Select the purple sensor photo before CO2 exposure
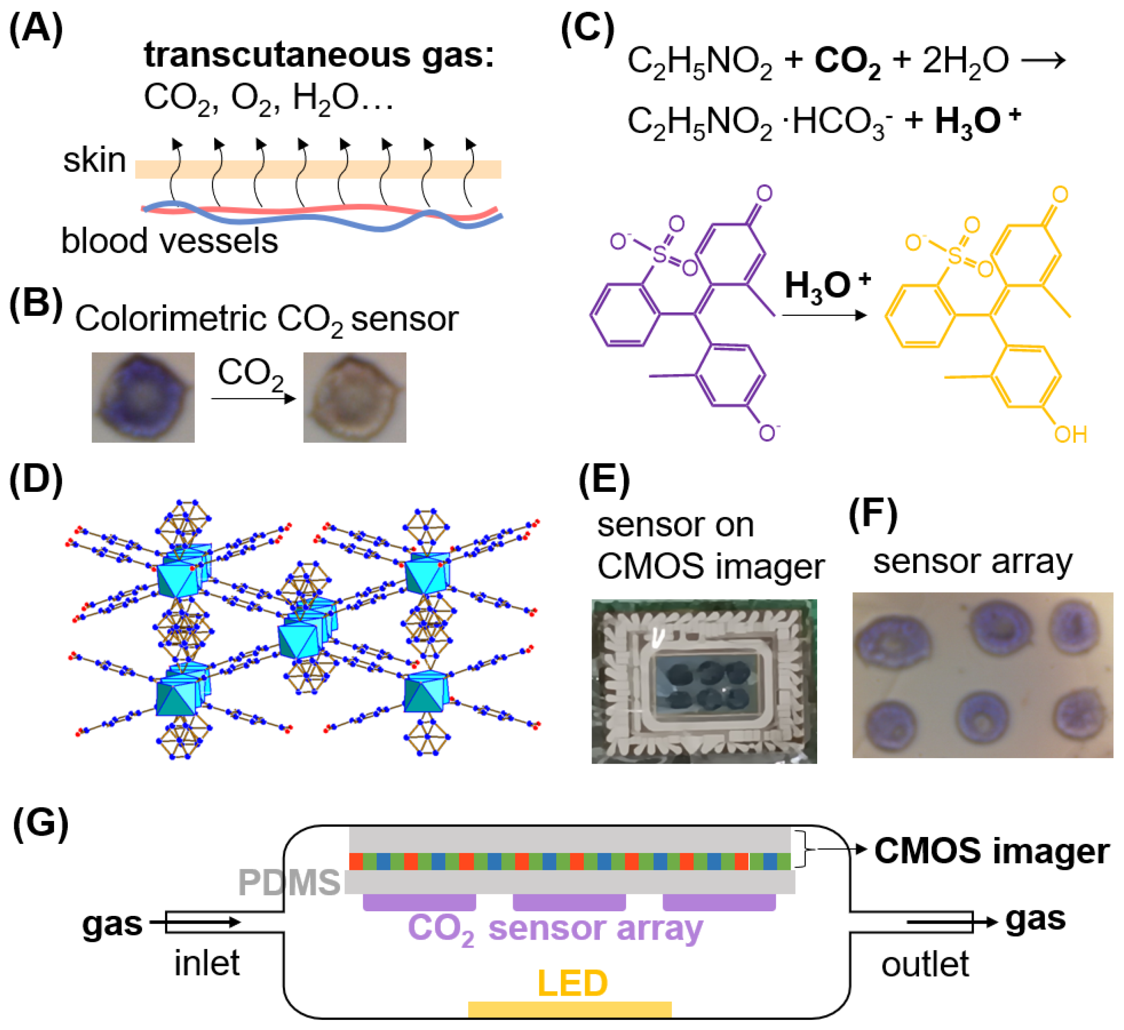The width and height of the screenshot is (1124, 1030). coord(143,397)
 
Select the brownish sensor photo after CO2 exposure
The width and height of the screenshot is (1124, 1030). coord(354,397)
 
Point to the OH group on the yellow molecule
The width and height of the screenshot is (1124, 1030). coord(1070,435)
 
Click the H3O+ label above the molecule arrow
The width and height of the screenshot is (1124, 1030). coord(827,286)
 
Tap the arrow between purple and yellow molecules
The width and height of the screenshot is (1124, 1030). coord(824,315)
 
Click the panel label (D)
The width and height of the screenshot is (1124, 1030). coord(36,479)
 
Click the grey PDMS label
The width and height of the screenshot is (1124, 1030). coord(289,883)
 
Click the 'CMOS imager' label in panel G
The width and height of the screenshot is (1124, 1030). coord(991,851)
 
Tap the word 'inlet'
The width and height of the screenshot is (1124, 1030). coord(206,963)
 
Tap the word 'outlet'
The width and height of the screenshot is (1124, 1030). coord(925,964)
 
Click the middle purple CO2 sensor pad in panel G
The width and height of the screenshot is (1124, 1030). coord(569,903)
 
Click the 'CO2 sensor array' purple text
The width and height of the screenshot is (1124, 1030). coord(555,929)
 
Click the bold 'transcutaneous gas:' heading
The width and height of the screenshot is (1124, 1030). coord(319,55)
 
